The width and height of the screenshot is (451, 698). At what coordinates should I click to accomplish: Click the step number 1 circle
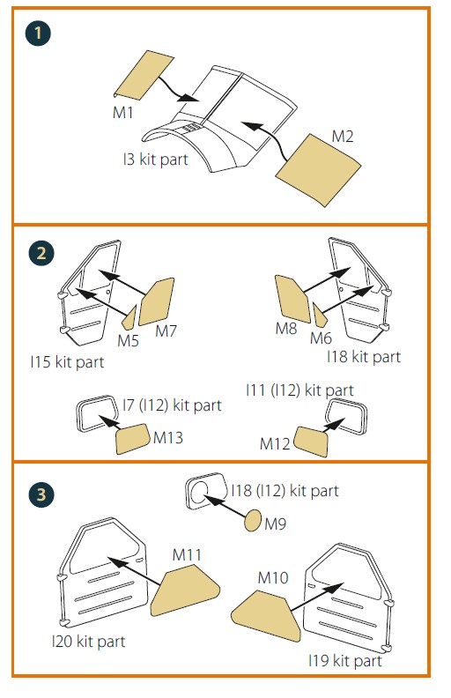pos(38,33)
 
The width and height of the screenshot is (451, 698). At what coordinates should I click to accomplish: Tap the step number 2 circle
pos(41,254)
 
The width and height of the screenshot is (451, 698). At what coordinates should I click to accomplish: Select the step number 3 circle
pos(41,494)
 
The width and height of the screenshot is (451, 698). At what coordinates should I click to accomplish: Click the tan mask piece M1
pos(144,75)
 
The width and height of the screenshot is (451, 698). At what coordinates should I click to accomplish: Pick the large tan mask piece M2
pos(319,170)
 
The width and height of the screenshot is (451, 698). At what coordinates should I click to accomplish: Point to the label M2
pos(343,136)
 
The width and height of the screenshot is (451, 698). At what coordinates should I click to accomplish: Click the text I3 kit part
pos(156,159)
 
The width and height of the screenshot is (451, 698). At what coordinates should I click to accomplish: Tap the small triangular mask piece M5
pos(129,318)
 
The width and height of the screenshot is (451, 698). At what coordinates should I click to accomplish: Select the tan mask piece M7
pos(156,301)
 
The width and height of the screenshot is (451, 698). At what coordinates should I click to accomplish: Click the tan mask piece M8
pos(292,299)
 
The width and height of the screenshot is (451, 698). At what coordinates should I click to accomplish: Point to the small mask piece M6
pos(320,316)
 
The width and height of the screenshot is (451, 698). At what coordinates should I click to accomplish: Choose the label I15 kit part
pos(67,362)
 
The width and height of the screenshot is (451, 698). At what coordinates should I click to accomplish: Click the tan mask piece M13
pos(132,439)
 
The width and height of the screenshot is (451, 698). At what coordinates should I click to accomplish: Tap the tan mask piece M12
pos(311,442)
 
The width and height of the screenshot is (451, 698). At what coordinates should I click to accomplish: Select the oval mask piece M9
pos(253,520)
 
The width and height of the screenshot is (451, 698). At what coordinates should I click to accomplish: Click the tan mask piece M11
pos(185,590)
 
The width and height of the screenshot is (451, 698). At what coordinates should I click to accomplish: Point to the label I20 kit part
pos(89,642)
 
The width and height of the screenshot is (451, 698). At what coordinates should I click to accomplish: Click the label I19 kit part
pos(345,661)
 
